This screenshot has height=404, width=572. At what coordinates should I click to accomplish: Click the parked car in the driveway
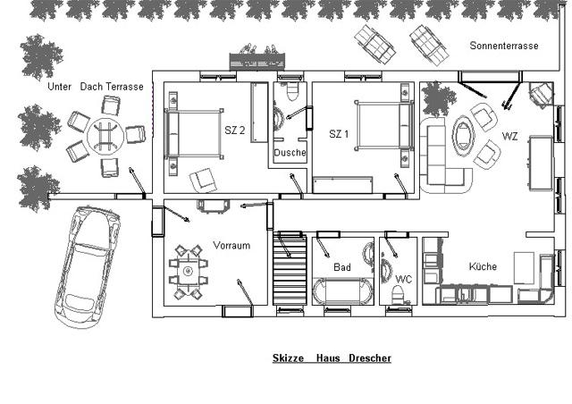coord(87,267)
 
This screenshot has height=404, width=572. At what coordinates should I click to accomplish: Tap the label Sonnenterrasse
coord(504,46)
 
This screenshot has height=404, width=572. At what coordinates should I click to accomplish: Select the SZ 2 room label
coord(234,130)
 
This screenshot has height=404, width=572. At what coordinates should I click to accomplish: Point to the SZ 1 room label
coord(339,134)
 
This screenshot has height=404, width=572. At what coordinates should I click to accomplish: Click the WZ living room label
coord(509,137)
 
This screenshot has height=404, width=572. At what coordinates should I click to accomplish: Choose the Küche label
coord(483,266)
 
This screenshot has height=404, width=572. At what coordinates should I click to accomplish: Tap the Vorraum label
coord(231,245)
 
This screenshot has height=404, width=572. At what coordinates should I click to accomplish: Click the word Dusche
coord(290,153)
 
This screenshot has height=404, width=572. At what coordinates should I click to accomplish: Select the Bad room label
coord(342,267)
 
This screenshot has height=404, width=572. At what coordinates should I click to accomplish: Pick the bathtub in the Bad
coord(342,290)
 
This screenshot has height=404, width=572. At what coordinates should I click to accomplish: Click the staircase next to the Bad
coord(290,269)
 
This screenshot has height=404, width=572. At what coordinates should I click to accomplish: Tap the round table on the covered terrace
coord(105,135)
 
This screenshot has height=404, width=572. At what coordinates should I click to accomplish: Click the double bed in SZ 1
coord(383,125)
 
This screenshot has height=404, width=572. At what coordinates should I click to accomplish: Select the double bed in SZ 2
coord(194,134)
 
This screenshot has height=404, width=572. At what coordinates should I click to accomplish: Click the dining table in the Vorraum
coord(189,271)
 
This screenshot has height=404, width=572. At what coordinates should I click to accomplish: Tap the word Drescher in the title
coord(370,358)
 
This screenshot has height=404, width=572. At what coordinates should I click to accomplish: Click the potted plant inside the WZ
coord(439,98)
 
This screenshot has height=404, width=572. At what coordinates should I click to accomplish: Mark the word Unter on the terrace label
coord(60,87)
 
